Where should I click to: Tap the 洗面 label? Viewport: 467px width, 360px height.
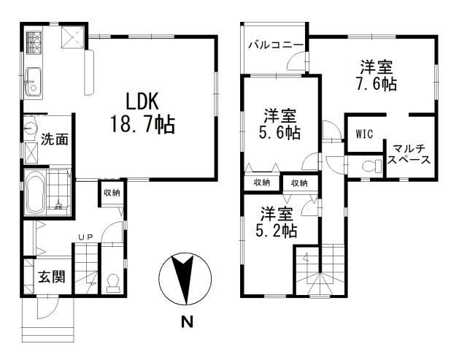pyautogui.click(x=55, y=139)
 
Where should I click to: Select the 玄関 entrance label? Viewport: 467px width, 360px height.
pyautogui.click(x=51, y=278)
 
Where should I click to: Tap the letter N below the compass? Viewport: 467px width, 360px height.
pyautogui.click(x=188, y=321)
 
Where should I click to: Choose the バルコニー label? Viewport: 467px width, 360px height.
pyautogui.click(x=275, y=45)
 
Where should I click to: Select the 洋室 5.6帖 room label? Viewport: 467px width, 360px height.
pyautogui.click(x=281, y=123)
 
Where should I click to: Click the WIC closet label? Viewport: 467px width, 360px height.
pyautogui.click(x=365, y=134)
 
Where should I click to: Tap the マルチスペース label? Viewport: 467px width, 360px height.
pyautogui.click(x=409, y=153)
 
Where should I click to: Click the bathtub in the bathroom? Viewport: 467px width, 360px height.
pyautogui.click(x=36, y=193)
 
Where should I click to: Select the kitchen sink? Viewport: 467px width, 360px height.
pyautogui.click(x=34, y=80)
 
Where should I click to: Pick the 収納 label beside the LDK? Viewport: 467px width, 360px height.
pyautogui.click(x=112, y=193)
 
